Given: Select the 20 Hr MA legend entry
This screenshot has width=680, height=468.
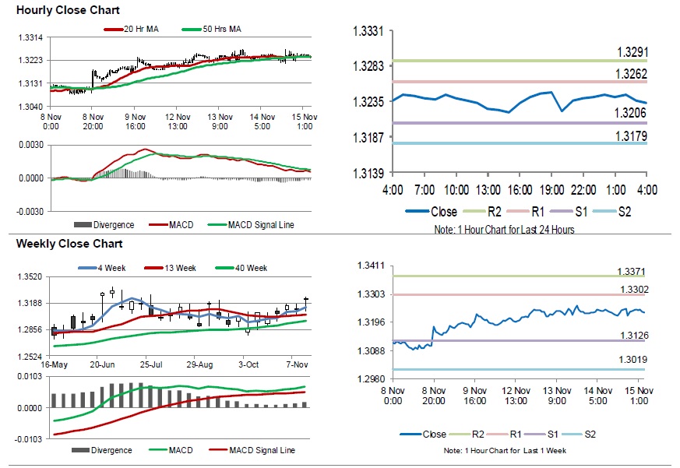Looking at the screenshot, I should pos(140,30).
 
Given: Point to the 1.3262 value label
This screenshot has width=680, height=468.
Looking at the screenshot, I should pos(632,74).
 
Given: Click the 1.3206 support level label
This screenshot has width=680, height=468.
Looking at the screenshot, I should pos(632,113).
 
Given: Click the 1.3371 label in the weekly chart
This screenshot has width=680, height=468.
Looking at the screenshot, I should pos(632,271).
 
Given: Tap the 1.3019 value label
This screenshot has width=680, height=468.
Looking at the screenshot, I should pos(632,359).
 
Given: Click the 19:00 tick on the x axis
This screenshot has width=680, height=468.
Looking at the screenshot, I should pos(551,189).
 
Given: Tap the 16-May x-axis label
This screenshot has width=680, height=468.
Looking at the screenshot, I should pos(53,364).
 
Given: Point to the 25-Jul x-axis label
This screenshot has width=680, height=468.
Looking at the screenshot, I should pos(152,364).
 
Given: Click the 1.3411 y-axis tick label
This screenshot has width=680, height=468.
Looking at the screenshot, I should pos(370,266).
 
